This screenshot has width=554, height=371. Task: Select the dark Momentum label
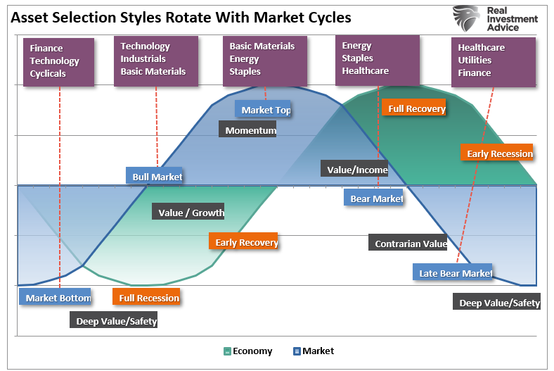[x=247, y=130]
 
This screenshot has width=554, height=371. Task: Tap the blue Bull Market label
[x=155, y=177]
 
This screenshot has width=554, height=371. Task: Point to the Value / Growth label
[x=188, y=213]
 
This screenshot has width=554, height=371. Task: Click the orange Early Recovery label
[x=244, y=242]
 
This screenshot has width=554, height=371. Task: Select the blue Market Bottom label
[x=56, y=298]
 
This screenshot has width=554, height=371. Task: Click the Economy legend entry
[x=247, y=351]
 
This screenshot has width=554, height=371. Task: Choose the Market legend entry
[x=314, y=351]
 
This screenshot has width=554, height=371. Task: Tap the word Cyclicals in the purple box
[x=48, y=73]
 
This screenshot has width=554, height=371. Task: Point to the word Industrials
[x=143, y=58]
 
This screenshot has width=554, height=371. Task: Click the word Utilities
[x=475, y=60]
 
